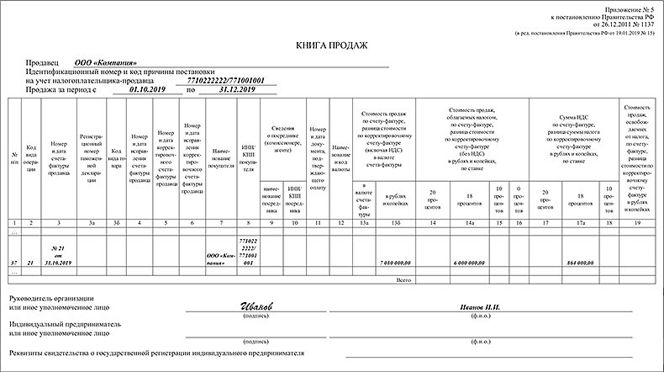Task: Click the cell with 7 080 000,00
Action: tap(393, 263)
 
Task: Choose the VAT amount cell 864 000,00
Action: tap(578, 263)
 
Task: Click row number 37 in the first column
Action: tap(14, 263)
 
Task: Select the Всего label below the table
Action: tap(404, 279)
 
